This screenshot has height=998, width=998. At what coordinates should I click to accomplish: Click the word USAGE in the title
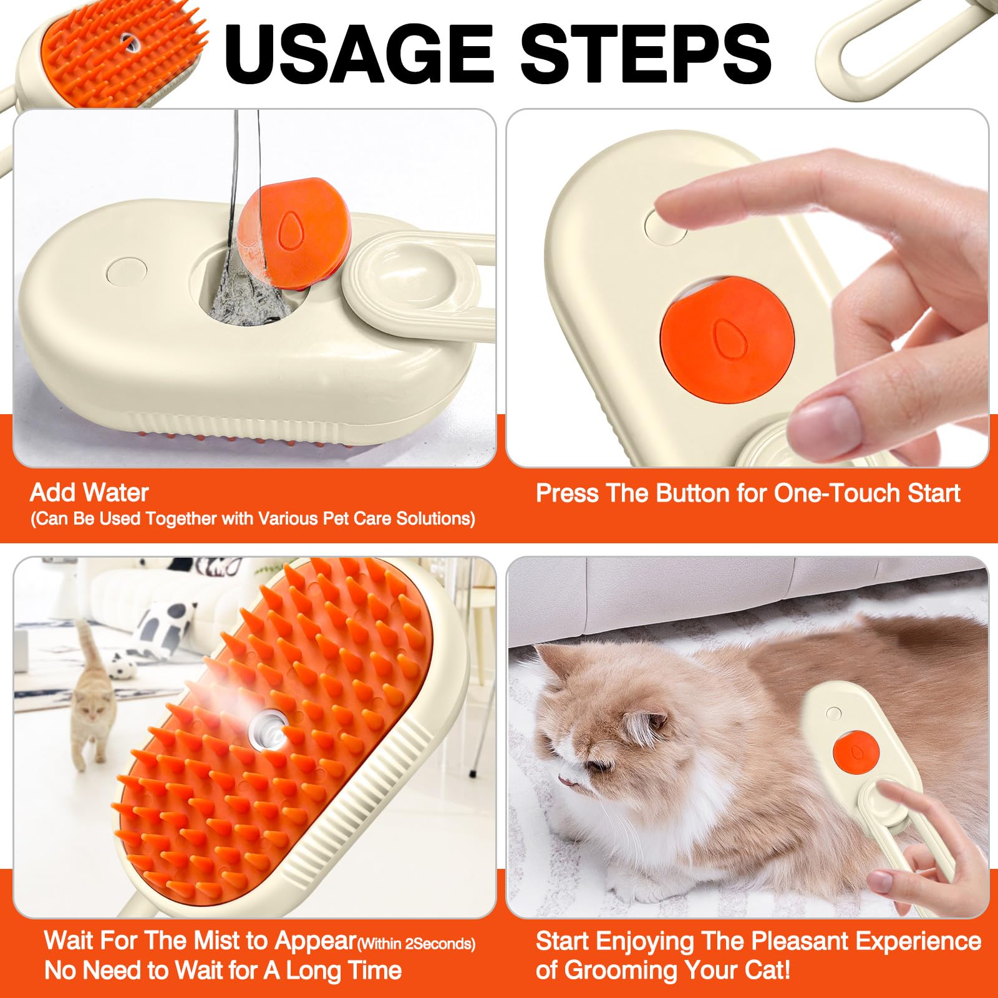[x=361, y=54]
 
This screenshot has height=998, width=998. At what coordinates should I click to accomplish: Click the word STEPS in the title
[x=646, y=54]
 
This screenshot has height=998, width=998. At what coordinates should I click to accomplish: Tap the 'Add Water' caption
[x=89, y=493]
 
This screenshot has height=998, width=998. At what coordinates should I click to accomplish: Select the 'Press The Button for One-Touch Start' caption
[x=748, y=493]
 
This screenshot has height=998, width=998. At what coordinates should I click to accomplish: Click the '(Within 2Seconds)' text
[x=416, y=944]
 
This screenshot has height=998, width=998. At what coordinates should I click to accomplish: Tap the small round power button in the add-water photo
[x=127, y=270]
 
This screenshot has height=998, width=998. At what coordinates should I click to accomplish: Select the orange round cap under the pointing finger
[x=727, y=340]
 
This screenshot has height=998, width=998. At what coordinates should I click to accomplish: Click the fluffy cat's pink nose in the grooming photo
[x=563, y=779]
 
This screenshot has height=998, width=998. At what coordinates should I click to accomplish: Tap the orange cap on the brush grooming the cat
[x=856, y=750]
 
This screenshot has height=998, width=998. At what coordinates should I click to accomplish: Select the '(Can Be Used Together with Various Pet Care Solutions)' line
[x=253, y=519]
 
